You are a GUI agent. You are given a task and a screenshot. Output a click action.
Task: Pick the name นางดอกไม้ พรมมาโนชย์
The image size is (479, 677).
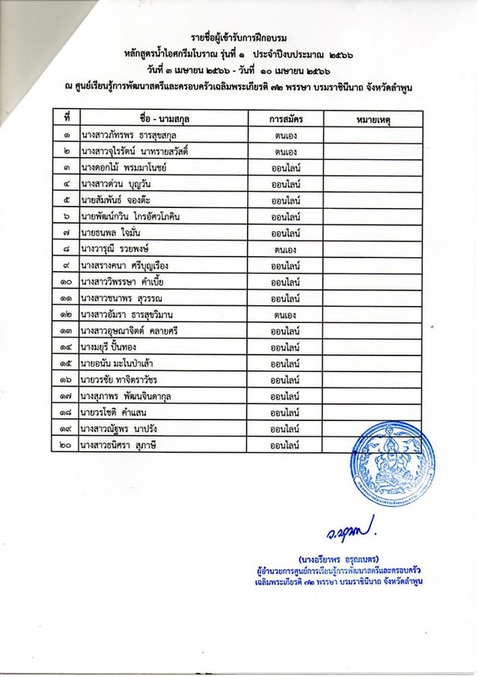coord(128,168)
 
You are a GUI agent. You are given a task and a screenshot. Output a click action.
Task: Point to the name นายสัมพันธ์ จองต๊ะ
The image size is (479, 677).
coord(121,200)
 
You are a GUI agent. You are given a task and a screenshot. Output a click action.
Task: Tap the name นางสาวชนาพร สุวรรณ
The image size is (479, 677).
coord(129,298)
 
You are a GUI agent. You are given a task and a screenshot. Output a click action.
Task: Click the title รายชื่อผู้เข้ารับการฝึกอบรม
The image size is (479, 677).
coord(239,37)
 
